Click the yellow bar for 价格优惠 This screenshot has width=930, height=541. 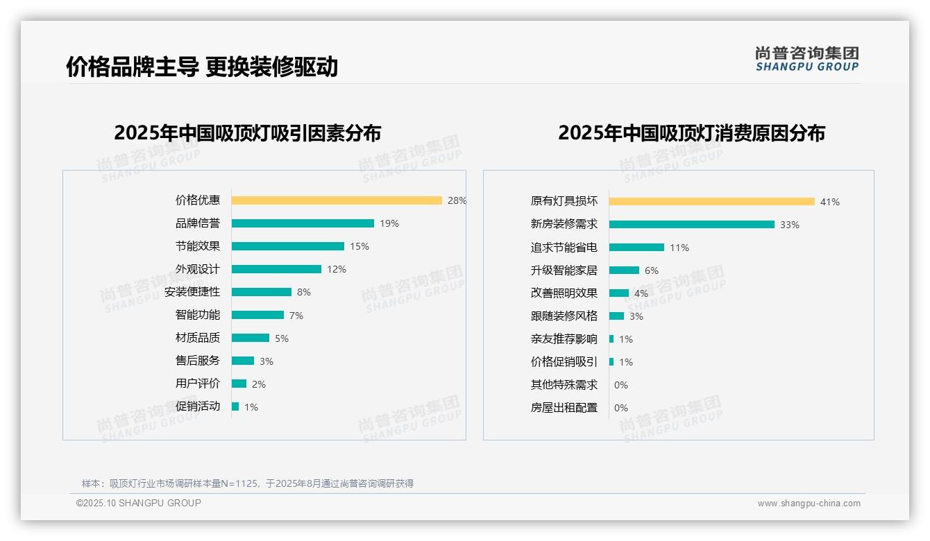coord(337,200)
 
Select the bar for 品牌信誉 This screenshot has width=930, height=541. coord(303,223)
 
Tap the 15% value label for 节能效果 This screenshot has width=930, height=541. coord(360,246)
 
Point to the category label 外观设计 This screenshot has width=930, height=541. coord(197,269)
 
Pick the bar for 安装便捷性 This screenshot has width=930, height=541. coord(262,292)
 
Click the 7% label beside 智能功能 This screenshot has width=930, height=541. coord(296,316)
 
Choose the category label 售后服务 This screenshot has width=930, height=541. coord(197,361)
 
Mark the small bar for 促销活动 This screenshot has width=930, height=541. coord(235,406)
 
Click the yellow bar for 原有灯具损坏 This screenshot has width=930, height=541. coord(712,202)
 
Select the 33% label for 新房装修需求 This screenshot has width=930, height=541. coord(790,225)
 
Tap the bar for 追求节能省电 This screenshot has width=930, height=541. coord(636,248)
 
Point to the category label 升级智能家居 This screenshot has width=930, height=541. coord(564,270)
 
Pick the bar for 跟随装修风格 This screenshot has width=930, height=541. coord(616,316)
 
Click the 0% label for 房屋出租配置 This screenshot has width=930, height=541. coord(621,408)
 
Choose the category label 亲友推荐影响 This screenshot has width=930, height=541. coord(564,339)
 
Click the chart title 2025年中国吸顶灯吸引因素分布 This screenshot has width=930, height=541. coord(248,133)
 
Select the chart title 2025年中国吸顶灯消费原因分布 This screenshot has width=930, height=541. coord(691,133)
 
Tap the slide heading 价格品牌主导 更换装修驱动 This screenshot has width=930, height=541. coord(202,67)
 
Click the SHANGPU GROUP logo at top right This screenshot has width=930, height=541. coord(807,59)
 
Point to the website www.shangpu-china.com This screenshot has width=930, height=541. coord(809,504)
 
